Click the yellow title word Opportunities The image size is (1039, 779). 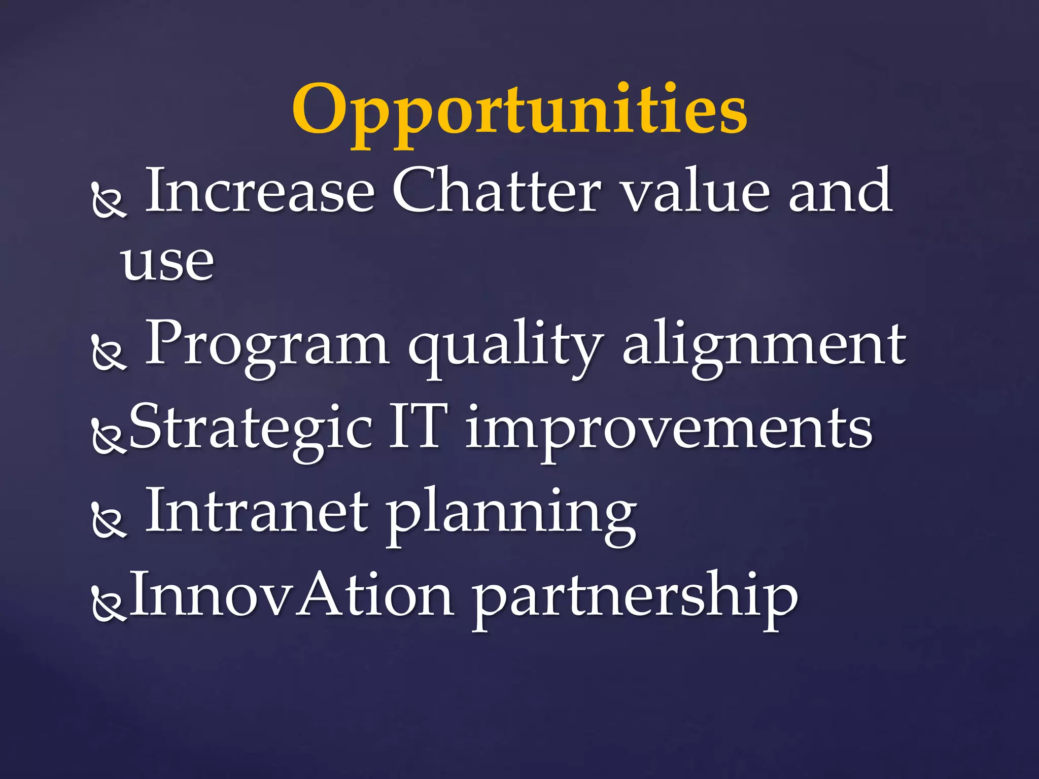pyautogui.click(x=519, y=112)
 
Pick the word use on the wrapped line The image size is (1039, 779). pyautogui.click(x=167, y=262)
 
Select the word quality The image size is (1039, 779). pyautogui.click(x=506, y=347)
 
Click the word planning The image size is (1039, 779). pyautogui.click(x=511, y=515)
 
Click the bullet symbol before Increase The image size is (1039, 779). pyautogui.click(x=109, y=201)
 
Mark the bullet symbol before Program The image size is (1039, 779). pyautogui.click(x=109, y=353)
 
